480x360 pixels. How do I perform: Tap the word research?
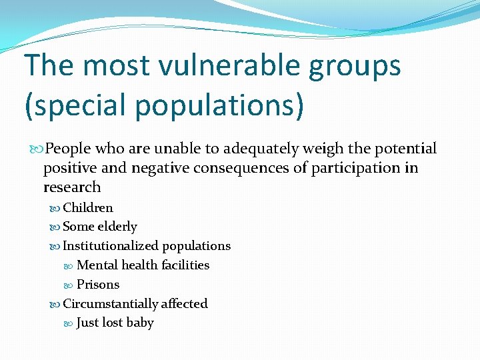click(x=72, y=187)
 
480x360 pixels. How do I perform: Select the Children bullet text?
click(x=88, y=208)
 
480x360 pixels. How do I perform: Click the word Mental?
click(x=97, y=265)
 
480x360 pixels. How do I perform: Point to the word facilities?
click(x=185, y=265)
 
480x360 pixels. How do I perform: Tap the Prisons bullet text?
click(x=98, y=285)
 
